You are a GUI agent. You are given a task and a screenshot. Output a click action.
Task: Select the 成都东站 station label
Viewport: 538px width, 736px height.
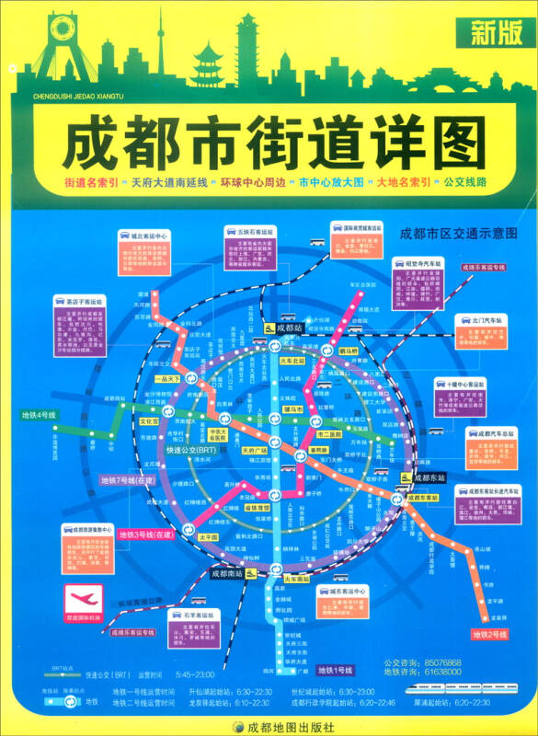(x=429, y=478)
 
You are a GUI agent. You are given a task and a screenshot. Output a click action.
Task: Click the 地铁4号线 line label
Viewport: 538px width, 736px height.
(x=40, y=415)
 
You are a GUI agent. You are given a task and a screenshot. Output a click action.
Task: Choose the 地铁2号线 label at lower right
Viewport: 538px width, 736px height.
(x=489, y=635)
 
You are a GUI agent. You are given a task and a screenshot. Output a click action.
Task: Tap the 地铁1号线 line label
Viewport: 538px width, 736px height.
(x=336, y=669)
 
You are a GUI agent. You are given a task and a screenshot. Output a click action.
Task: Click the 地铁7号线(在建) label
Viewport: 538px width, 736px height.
(x=128, y=480)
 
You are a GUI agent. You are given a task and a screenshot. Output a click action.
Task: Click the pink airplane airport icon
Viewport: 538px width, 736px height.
(x=81, y=598)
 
